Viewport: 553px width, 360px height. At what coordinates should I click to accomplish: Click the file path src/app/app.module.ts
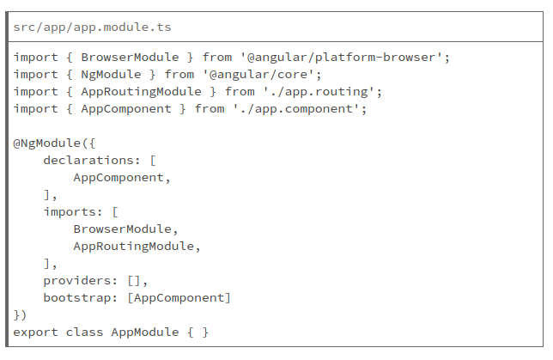coord(92,27)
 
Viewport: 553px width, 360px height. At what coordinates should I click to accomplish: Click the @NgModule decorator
coord(46,143)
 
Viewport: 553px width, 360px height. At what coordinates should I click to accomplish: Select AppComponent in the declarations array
coord(118,177)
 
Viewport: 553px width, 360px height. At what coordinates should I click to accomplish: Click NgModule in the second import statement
coord(111,74)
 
